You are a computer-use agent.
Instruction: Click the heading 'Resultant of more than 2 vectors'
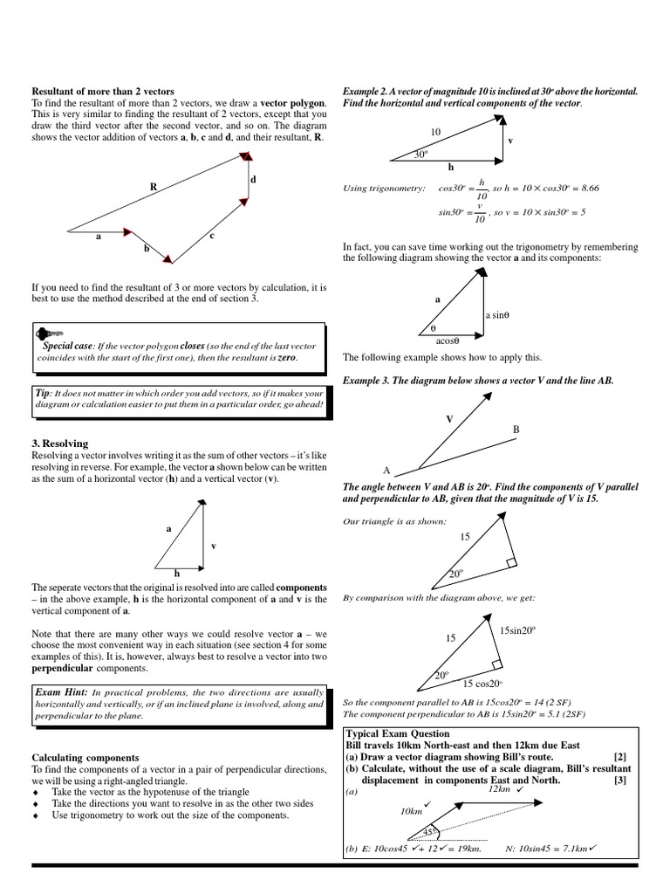tap(103, 91)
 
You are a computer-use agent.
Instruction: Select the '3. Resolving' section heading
tap(60, 444)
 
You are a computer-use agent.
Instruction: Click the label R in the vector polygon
tap(154, 186)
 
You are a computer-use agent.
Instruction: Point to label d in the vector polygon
tap(253, 180)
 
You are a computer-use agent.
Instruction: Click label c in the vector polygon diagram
tap(212, 236)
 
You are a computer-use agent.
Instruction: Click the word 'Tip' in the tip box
tap(42, 393)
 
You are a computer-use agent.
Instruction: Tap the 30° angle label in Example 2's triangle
tap(420, 155)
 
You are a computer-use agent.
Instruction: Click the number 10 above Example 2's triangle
tap(436, 132)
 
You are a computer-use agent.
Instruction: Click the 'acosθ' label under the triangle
tap(447, 341)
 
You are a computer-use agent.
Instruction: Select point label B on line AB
tap(516, 429)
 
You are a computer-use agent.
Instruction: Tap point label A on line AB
tap(386, 469)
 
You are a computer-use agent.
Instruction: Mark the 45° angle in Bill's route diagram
tap(430, 830)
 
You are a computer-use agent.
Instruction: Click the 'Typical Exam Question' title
tap(398, 733)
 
